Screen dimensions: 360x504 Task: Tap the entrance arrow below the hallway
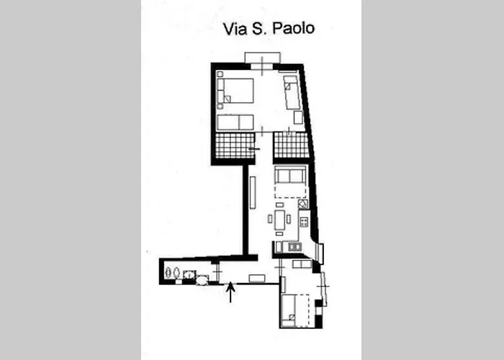coord(230,292)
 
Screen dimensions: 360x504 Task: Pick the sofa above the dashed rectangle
coord(291,176)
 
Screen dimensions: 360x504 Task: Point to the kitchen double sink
coord(294,247)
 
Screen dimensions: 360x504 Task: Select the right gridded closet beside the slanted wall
coord(291,145)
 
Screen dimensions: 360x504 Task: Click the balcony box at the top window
coord(261,58)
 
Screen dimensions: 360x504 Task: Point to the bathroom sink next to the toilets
coord(189,274)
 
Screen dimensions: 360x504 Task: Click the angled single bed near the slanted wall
coord(292,91)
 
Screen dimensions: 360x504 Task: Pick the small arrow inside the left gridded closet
coord(252,148)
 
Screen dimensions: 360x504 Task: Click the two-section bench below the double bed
coord(236,122)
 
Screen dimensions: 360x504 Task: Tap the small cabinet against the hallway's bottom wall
coord(257,278)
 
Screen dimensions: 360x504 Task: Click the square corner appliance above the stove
coord(304,204)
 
